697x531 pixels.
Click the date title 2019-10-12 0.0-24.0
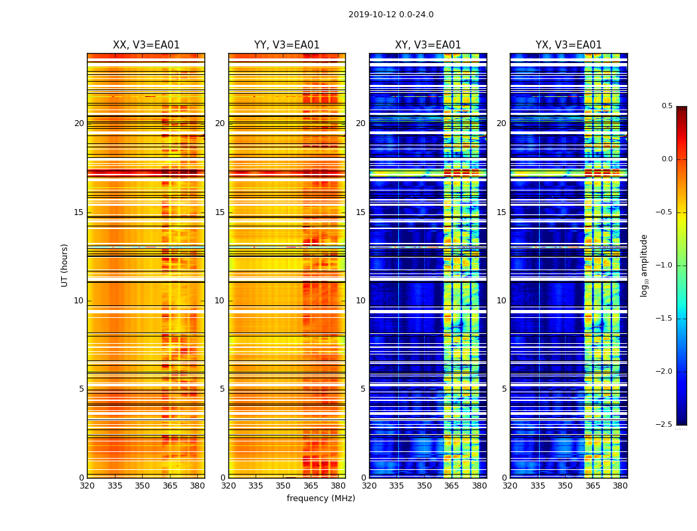(390, 15)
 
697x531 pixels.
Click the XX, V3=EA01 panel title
(146, 45)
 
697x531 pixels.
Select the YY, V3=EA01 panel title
(287, 45)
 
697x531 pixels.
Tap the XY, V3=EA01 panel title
(427, 45)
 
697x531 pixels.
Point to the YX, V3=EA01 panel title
(568, 45)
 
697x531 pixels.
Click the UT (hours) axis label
(64, 265)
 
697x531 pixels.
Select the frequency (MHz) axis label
(321, 498)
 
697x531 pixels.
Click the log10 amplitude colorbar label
(644, 265)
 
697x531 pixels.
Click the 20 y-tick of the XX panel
(79, 123)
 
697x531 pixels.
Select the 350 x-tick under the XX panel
(142, 485)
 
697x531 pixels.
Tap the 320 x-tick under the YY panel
(228, 485)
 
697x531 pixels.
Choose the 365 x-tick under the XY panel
(451, 485)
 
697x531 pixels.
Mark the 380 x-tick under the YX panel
(620, 485)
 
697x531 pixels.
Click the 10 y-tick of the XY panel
(360, 301)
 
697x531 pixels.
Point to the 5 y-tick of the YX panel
(504, 389)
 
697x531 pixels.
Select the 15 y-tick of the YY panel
(220, 212)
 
